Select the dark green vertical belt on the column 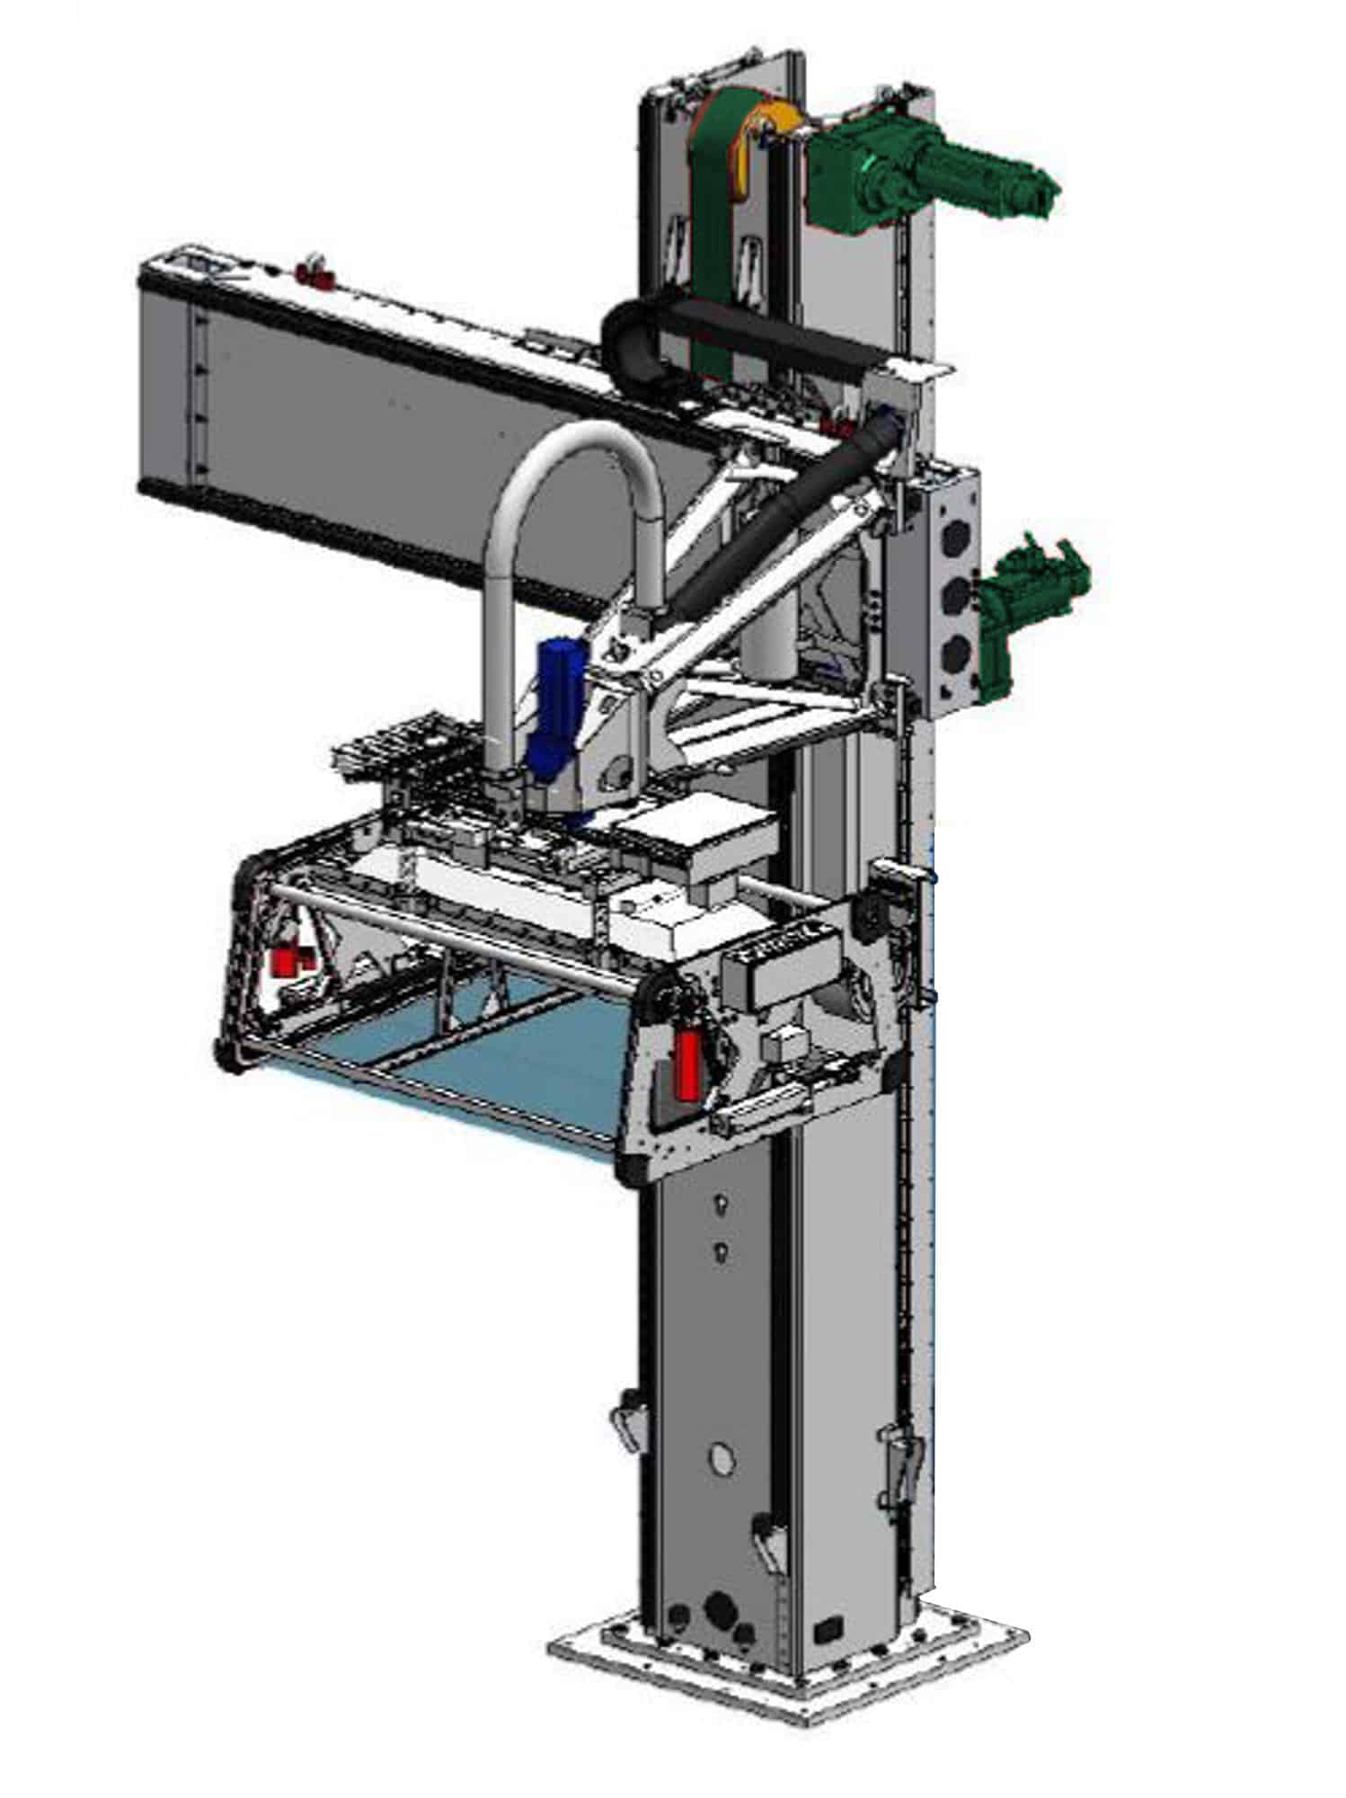pyautogui.click(x=715, y=225)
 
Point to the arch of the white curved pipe pyautogui.click(x=575, y=449)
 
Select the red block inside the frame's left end pyautogui.click(x=287, y=962)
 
